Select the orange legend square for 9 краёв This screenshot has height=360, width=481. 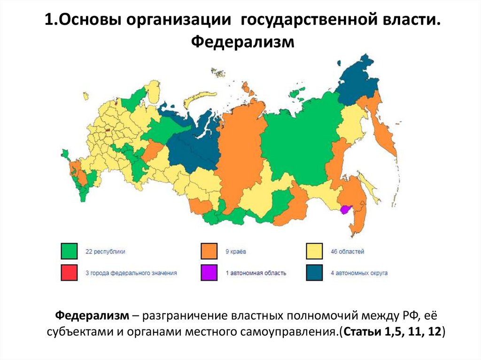click(209, 251)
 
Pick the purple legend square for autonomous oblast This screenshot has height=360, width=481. click(209, 272)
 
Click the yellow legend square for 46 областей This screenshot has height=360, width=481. click(314, 251)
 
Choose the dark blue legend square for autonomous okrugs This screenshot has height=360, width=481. click(314, 272)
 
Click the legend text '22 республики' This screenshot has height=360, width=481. click(105, 252)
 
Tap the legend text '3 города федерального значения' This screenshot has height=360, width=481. click(131, 273)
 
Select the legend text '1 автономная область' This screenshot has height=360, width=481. click(256, 273)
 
